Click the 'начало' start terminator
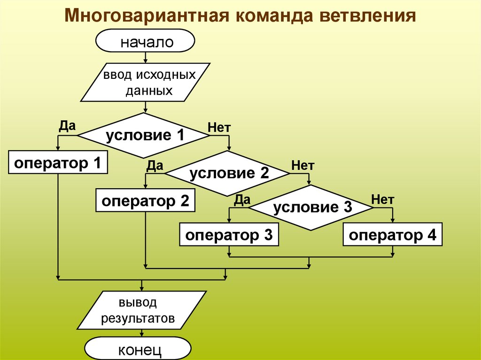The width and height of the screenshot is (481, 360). [145, 42]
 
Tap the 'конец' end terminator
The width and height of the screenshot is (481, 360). [139, 350]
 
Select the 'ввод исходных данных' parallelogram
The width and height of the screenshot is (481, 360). [146, 82]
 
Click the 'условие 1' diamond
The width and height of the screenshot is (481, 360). [144, 136]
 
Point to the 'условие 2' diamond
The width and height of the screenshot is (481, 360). [228, 174]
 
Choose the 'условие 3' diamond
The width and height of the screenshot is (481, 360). [312, 207]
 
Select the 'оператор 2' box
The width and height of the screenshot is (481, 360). [146, 201]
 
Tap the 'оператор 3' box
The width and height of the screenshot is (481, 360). [229, 235]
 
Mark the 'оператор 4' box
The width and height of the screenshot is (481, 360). [393, 235]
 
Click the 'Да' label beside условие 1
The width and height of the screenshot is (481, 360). [68, 126]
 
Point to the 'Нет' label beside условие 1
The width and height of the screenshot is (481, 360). [219, 127]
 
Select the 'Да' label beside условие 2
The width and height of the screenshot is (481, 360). [155, 165]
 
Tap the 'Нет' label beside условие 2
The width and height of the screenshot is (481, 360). [303, 165]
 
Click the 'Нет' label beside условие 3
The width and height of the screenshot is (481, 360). [382, 199]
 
